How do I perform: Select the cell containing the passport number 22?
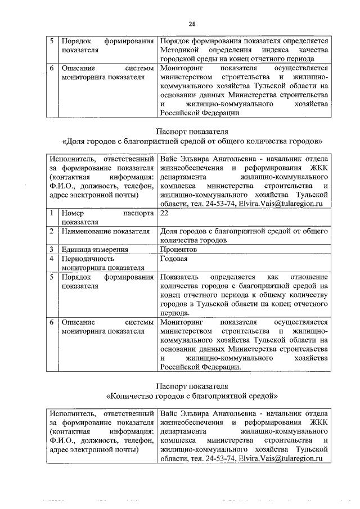[x=164, y=214]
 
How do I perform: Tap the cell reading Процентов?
[x=178, y=249]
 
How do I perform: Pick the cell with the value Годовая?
[x=174, y=259]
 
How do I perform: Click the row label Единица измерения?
[x=90, y=249]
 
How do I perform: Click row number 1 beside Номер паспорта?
[x=51, y=214]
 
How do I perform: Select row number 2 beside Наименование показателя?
[x=51, y=231]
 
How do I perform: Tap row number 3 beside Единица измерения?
[x=51, y=249]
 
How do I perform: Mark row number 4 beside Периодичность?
[x=51, y=259]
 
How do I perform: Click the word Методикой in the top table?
[x=179, y=51]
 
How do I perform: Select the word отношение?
[x=308, y=277]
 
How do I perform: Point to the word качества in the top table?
[x=313, y=51]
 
